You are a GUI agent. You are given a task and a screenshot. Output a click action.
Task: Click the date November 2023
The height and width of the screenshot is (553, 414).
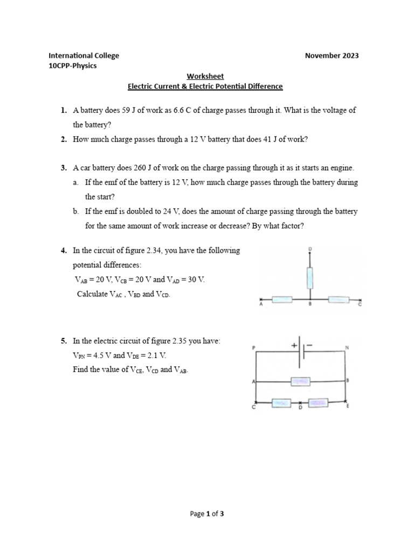tap(332, 56)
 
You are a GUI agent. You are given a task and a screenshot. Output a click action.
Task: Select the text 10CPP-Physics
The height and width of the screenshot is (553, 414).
tap(73, 66)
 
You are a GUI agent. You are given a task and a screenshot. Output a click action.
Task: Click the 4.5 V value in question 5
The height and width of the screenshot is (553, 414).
tap(101, 355)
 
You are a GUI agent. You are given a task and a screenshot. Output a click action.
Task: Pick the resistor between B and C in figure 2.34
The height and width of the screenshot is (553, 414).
tap(338, 299)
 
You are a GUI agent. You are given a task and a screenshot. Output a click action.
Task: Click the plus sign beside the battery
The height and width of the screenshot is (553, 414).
tap(294, 345)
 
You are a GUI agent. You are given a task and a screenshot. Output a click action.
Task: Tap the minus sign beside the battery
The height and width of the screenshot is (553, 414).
tap(309, 345)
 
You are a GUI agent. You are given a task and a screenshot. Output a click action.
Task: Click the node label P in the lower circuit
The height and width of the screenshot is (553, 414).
tap(253, 349)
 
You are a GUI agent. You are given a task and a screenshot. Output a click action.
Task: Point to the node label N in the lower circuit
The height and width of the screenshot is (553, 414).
tap(347, 348)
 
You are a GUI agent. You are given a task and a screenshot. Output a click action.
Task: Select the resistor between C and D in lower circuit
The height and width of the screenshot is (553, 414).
tap(280, 402)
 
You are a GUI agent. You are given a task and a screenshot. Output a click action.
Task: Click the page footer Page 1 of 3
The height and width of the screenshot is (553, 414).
tap(207, 514)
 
